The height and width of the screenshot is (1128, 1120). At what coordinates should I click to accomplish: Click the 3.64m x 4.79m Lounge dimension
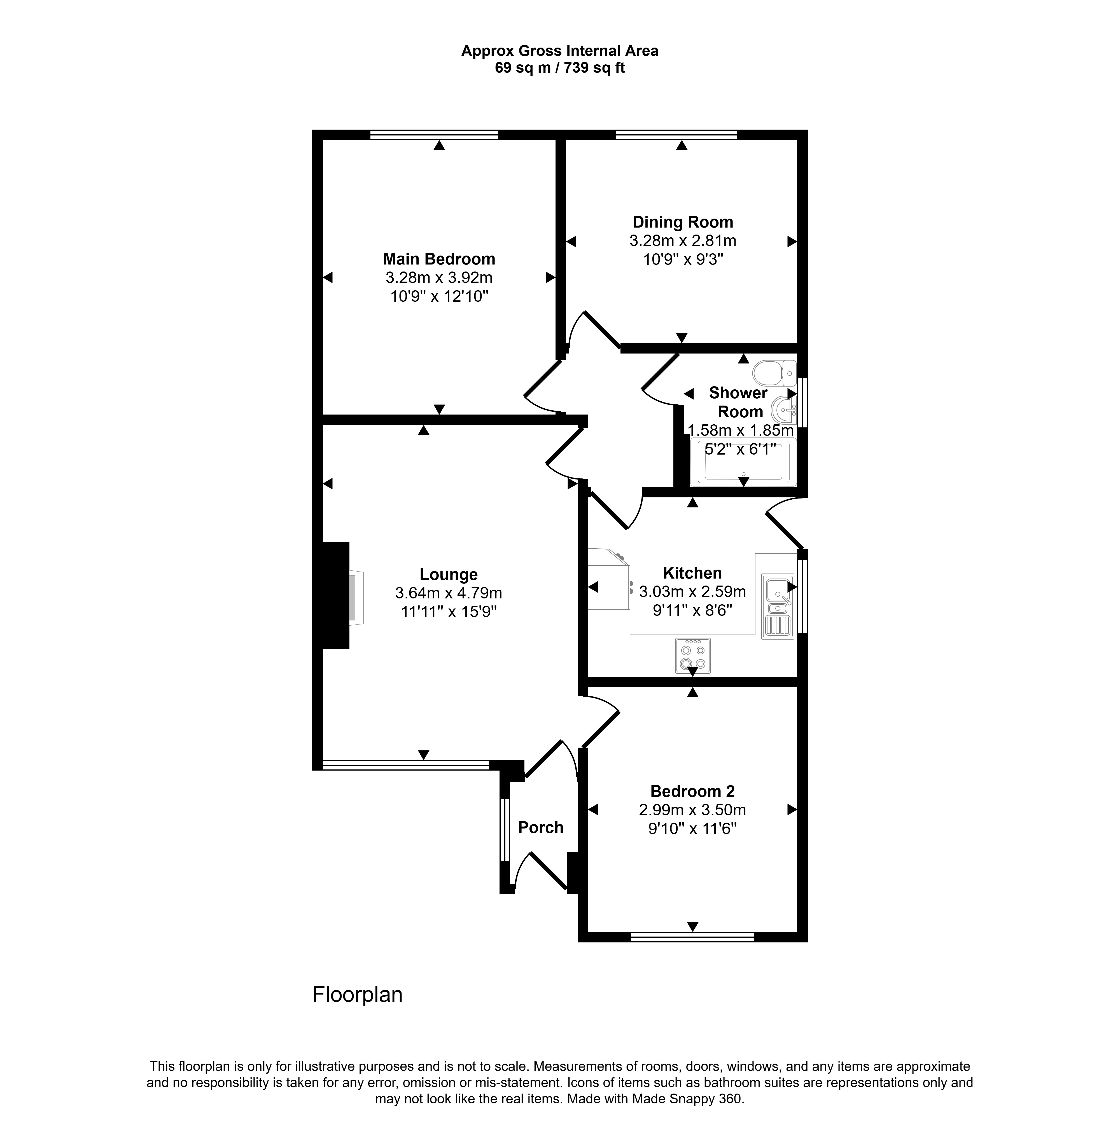tap(449, 593)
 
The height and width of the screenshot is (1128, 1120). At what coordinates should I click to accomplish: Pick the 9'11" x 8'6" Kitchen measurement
tap(692, 610)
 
